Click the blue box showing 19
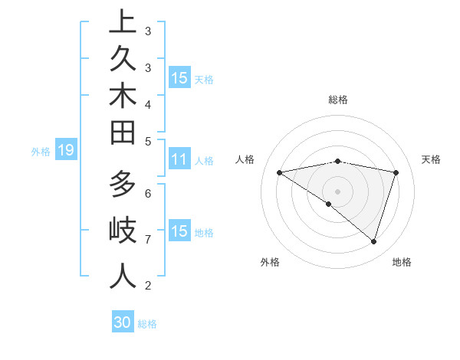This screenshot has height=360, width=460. (x=66, y=151)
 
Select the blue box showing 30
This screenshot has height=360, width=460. (x=123, y=322)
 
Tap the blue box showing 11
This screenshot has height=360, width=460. (x=179, y=160)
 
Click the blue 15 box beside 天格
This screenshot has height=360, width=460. (x=179, y=78)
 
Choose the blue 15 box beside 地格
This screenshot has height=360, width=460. (x=179, y=231)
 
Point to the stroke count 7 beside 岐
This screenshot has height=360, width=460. (x=148, y=240)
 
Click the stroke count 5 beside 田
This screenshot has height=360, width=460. (x=148, y=141)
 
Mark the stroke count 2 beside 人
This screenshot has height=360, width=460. (x=148, y=286)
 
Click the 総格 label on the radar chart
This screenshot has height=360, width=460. (x=337, y=100)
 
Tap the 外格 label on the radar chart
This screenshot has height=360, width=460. (x=269, y=262)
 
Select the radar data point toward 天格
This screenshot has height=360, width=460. (x=396, y=172)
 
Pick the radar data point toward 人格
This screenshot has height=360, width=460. (x=279, y=172)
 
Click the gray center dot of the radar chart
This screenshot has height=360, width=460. (x=337, y=191)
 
